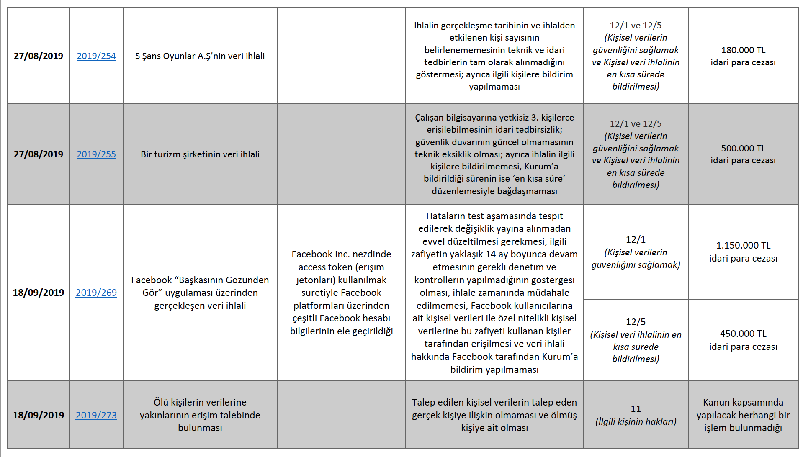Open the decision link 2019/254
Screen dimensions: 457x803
click(x=96, y=56)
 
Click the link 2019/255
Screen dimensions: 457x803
click(x=96, y=154)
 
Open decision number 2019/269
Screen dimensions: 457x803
click(x=96, y=293)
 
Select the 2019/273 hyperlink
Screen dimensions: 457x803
click(x=96, y=415)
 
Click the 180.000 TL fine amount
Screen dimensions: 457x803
click(x=743, y=50)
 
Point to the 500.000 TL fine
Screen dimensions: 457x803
click(x=743, y=149)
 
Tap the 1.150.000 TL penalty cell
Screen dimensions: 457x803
click(x=743, y=246)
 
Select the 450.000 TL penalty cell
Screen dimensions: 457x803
click(x=743, y=334)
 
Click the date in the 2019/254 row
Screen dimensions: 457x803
click(x=39, y=56)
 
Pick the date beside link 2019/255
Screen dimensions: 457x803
click(x=39, y=154)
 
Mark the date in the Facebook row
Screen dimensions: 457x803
click(x=39, y=293)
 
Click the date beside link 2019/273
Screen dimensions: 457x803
click(x=39, y=415)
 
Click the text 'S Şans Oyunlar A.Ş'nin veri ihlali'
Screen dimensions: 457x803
click(x=200, y=56)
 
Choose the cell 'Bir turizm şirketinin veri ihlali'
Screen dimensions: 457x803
click(x=200, y=154)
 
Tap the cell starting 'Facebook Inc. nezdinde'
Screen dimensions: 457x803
click(x=341, y=293)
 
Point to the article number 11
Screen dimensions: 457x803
click(x=636, y=409)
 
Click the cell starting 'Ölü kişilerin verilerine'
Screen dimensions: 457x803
click(x=200, y=415)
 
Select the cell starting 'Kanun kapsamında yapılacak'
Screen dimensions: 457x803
click(x=743, y=415)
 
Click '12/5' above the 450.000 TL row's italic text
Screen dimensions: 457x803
click(x=636, y=322)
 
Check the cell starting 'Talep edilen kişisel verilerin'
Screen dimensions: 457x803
click(x=494, y=415)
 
